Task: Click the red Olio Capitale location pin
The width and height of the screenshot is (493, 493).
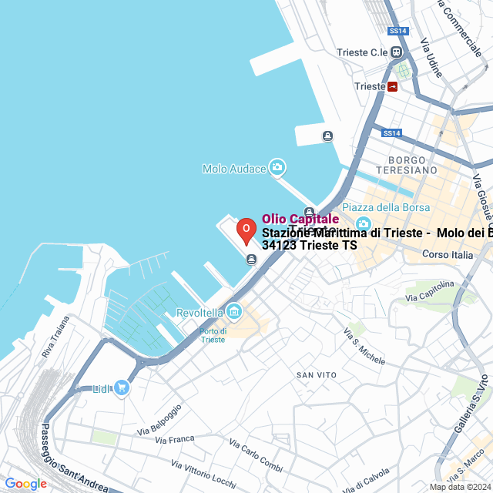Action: (246, 230)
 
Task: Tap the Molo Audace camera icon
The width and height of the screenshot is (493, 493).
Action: (277, 168)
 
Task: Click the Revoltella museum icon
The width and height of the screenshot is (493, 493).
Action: (235, 312)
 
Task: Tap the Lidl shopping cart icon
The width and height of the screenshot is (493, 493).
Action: (122, 388)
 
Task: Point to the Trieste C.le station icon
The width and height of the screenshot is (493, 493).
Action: (397, 52)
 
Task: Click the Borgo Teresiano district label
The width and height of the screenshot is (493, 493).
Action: (407, 164)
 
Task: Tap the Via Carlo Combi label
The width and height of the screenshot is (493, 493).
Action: (256, 454)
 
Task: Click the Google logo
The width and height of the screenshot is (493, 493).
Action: (25, 483)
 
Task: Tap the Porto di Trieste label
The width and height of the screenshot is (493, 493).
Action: (213, 334)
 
